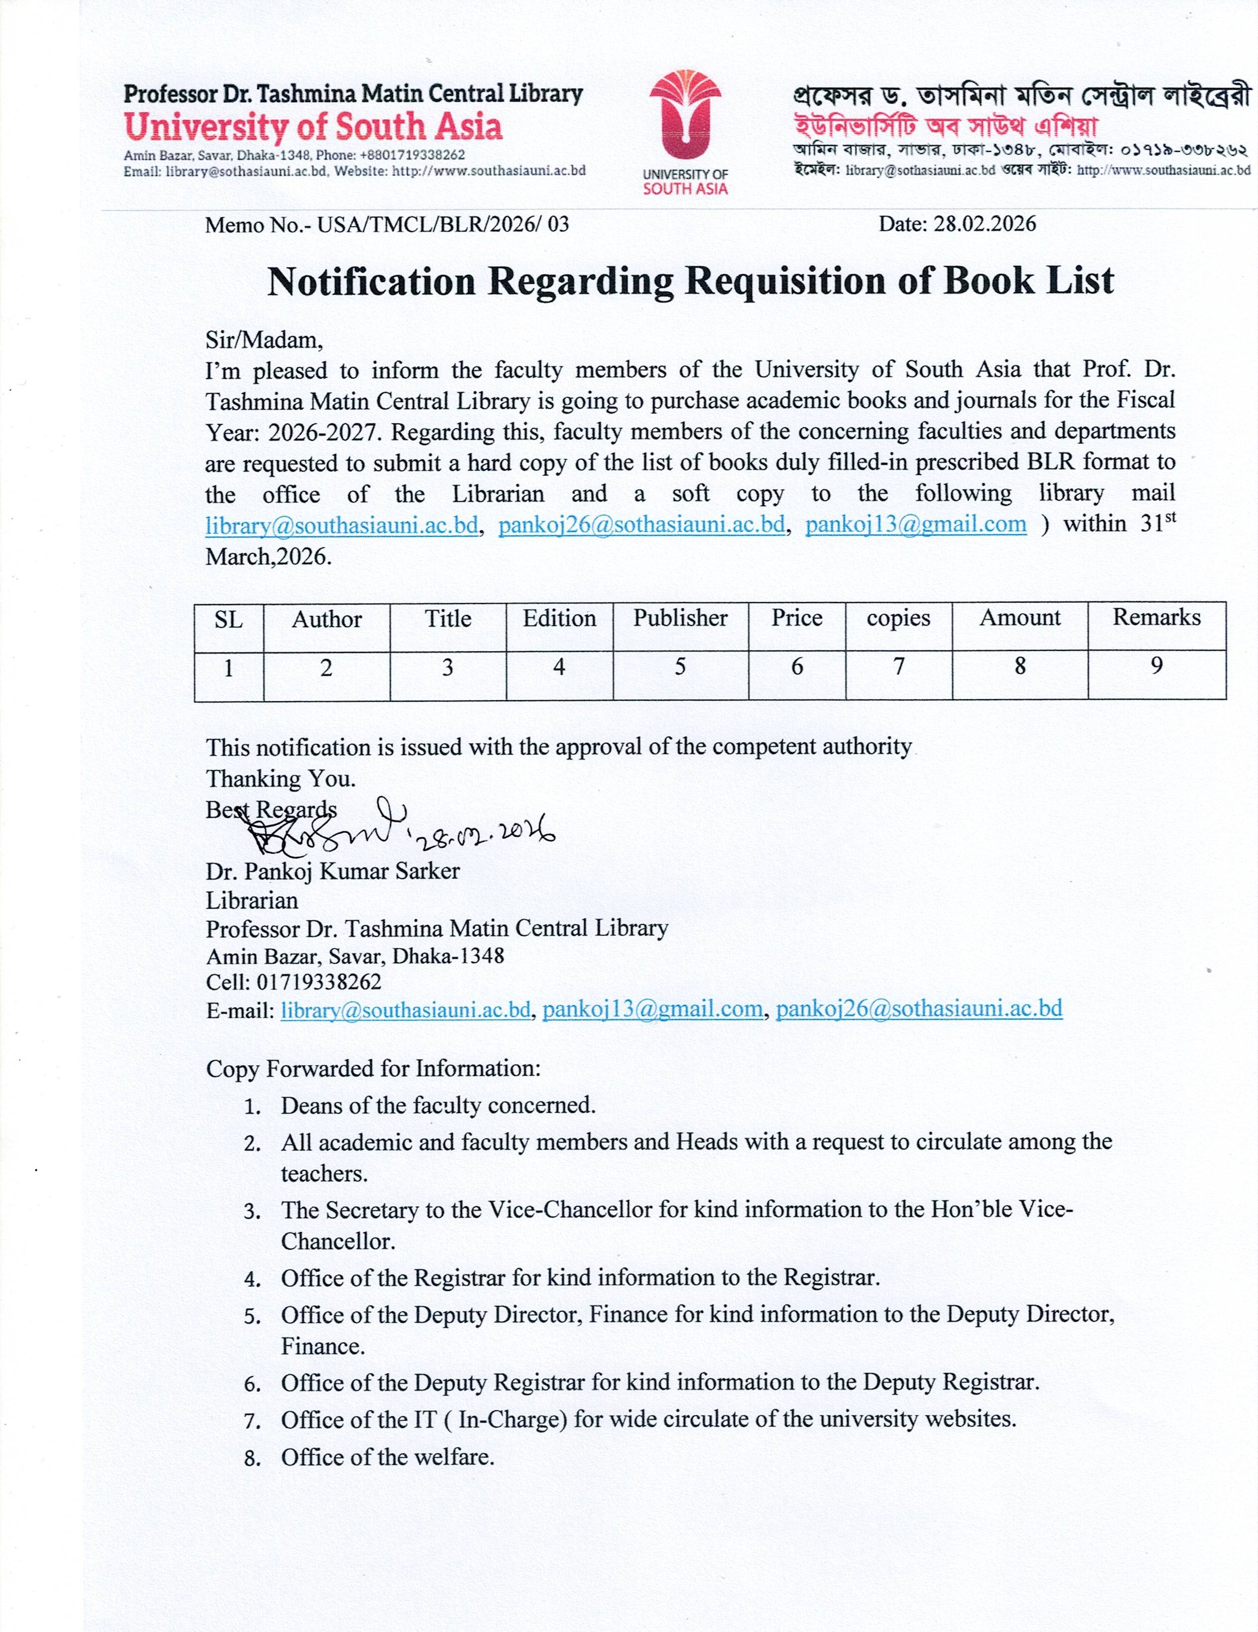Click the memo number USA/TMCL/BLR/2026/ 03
(x=387, y=224)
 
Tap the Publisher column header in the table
(x=680, y=618)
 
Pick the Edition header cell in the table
(x=559, y=618)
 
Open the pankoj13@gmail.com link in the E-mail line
(x=652, y=1009)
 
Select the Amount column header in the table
(x=1019, y=618)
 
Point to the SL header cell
(x=229, y=619)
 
